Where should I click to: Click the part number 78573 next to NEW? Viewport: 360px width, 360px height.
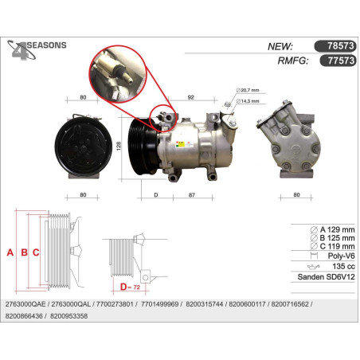(340, 46)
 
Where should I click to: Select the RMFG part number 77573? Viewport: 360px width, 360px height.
(341, 61)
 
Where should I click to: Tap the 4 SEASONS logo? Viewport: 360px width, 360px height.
(37, 49)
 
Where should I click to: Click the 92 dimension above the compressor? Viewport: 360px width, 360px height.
(190, 97)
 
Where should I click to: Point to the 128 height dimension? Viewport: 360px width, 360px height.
(119, 146)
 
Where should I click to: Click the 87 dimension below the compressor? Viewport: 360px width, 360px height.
(192, 195)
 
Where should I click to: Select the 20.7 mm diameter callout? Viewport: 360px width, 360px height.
(248, 90)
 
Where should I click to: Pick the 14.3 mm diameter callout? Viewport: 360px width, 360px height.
(248, 101)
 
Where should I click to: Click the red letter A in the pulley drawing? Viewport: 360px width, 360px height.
(10, 252)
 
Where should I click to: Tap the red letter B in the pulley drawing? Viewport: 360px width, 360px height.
(24, 252)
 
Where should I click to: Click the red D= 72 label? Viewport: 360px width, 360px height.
(130, 287)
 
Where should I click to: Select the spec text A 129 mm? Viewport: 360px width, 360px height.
(337, 229)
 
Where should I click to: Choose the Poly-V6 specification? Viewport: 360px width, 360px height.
(341, 256)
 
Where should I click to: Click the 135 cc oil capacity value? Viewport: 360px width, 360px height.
(343, 266)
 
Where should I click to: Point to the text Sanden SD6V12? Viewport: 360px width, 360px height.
(326, 277)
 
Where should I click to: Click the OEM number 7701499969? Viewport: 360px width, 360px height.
(160, 304)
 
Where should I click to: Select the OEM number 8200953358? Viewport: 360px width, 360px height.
(68, 316)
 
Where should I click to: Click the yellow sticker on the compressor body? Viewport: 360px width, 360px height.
(181, 144)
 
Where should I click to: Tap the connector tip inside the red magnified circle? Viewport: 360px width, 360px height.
(129, 79)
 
